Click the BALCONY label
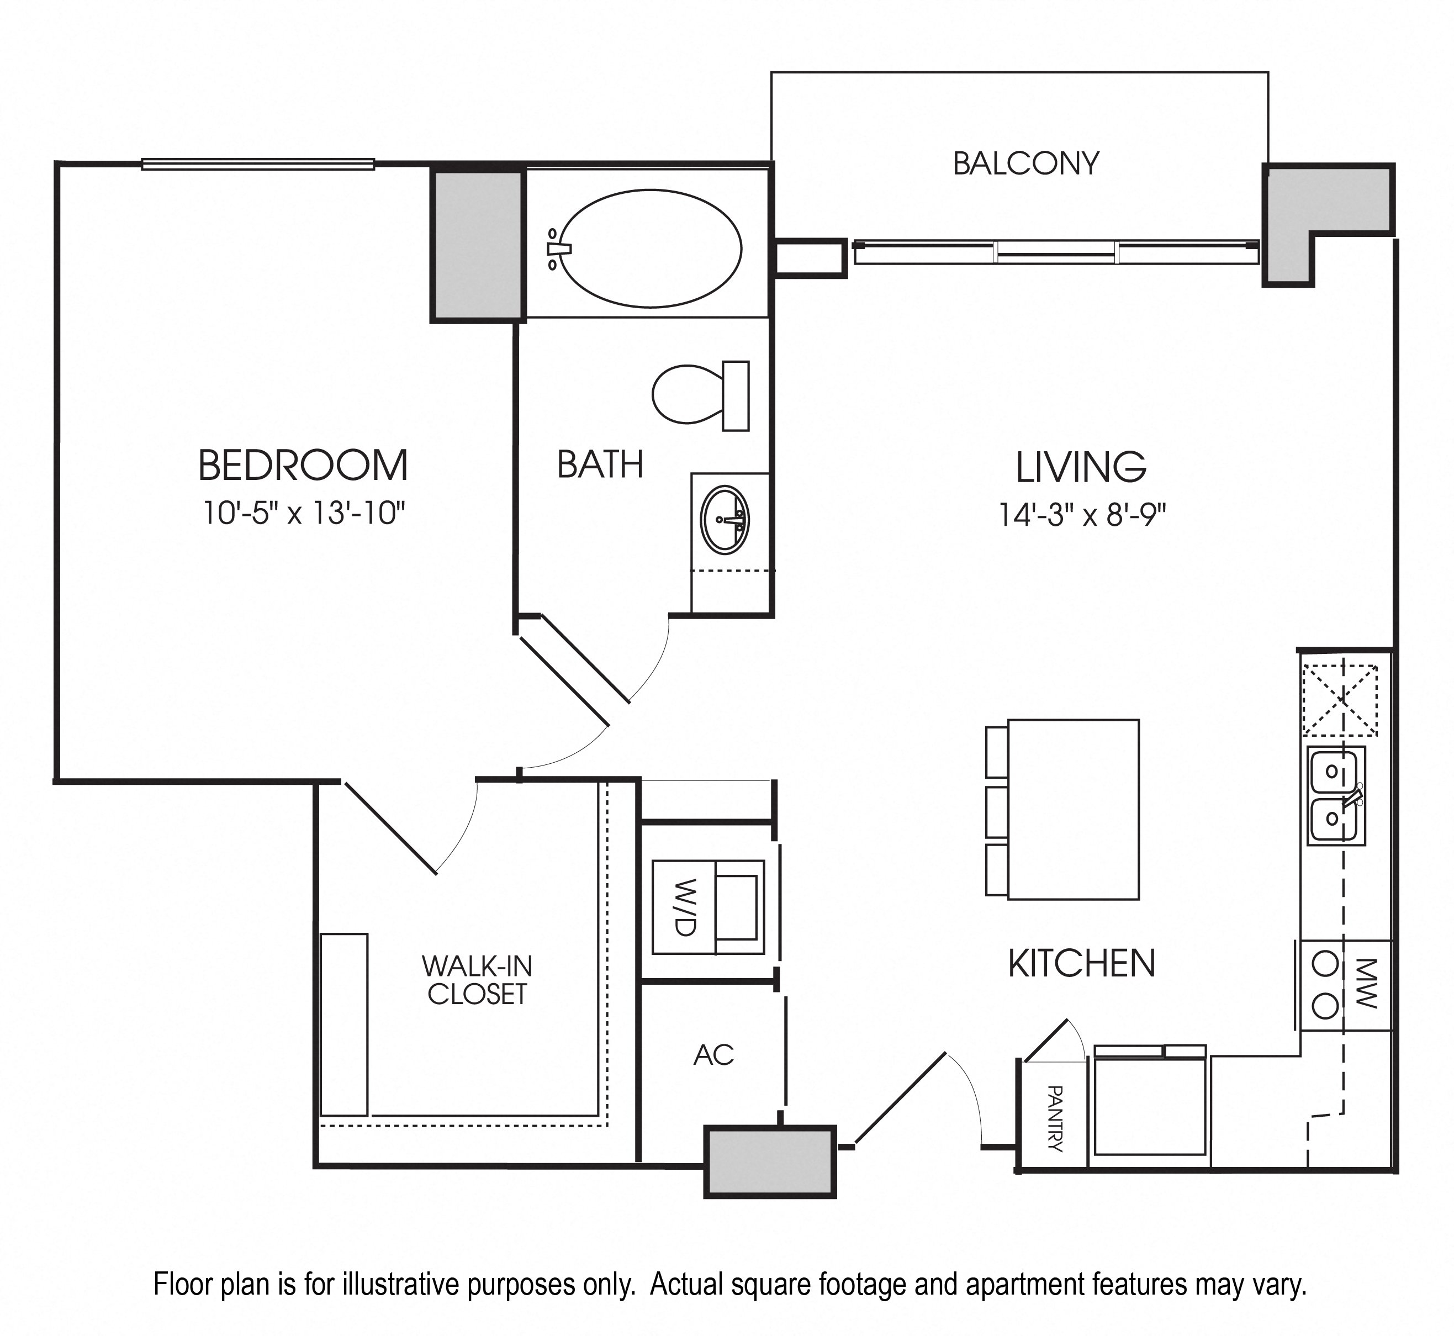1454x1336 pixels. click(x=1025, y=163)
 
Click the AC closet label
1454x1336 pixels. click(x=713, y=1055)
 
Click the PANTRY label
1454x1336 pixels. click(x=1054, y=1118)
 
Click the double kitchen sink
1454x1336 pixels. click(x=1335, y=795)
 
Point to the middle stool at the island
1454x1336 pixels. click(x=997, y=812)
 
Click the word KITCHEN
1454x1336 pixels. click(x=1082, y=964)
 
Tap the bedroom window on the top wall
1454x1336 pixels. click(x=258, y=164)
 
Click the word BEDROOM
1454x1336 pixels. click(x=304, y=465)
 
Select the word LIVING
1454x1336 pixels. click(x=1081, y=467)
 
